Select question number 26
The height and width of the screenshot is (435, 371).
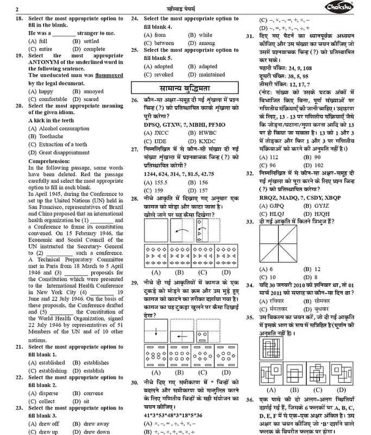click(135, 101)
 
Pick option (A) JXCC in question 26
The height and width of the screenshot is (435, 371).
click(156, 132)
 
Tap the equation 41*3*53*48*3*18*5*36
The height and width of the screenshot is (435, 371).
click(173, 415)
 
